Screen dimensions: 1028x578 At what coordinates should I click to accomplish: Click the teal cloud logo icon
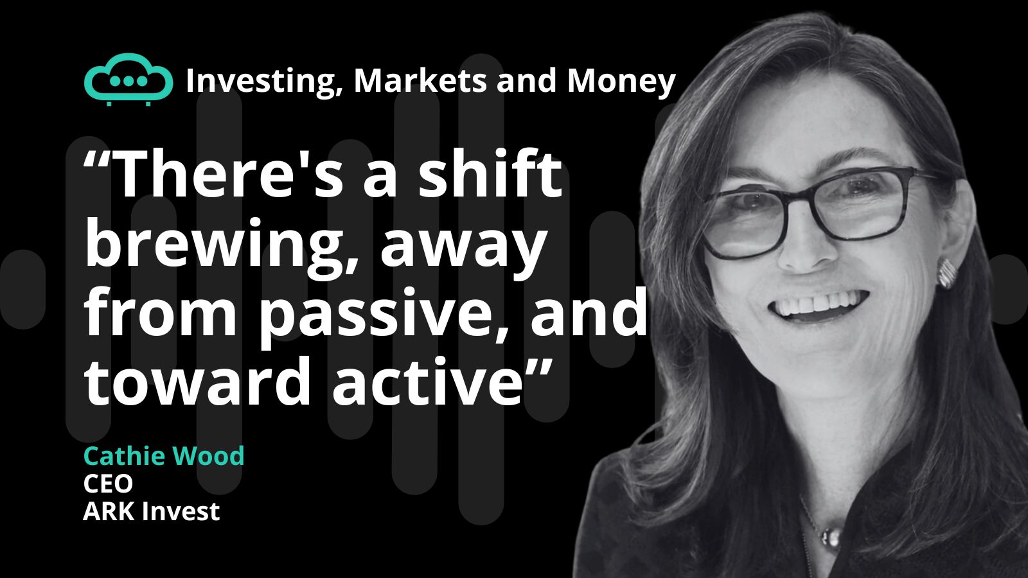(128, 80)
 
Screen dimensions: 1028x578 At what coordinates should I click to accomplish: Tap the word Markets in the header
(420, 80)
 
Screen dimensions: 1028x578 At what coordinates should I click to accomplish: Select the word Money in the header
(622, 82)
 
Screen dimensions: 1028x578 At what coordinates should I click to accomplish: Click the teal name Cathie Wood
(164, 456)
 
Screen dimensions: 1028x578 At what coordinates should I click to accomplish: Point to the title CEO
(109, 484)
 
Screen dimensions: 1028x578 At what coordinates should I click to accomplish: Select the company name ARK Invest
(152, 511)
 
